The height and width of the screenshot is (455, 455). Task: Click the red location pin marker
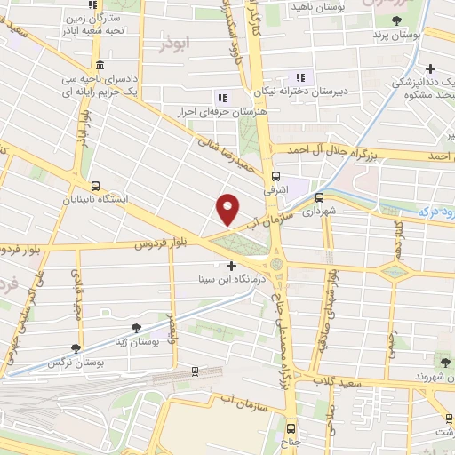click(228, 209)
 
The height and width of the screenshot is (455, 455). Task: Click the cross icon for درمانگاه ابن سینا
click(232, 266)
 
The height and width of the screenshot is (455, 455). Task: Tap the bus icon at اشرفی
click(275, 175)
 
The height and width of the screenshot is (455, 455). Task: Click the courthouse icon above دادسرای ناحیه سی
click(98, 67)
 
